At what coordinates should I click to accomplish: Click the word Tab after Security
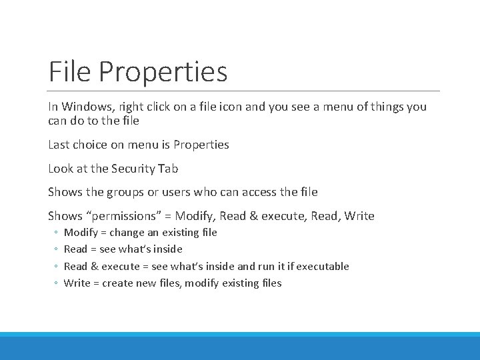pyautogui.click(x=168, y=169)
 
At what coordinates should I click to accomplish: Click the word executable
pyautogui.click(x=323, y=266)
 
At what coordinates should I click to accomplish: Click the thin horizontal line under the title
pyautogui.click(x=244, y=91)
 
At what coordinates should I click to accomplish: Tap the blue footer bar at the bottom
pyautogui.click(x=240, y=347)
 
